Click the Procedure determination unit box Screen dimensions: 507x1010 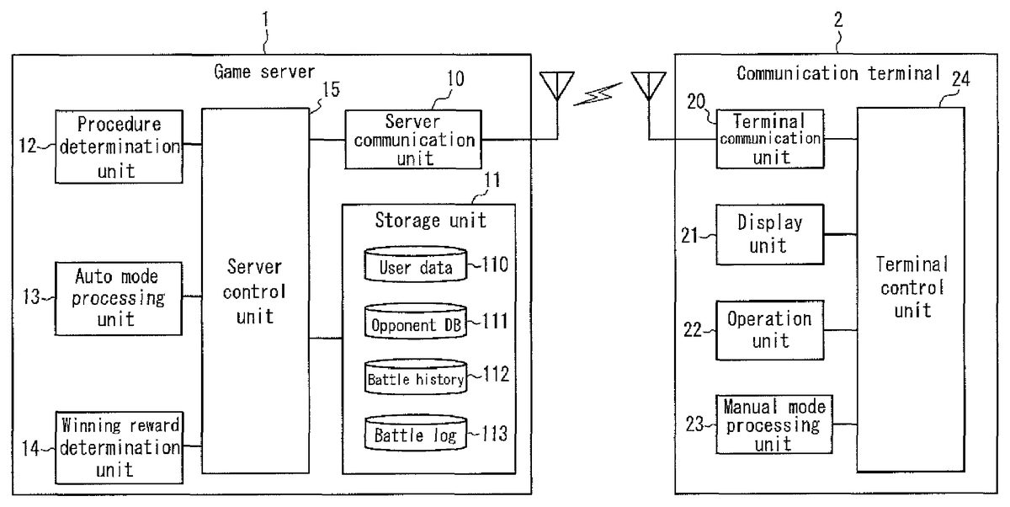pos(118,147)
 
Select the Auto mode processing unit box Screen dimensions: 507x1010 pos(118,296)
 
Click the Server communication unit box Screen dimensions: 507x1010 pos(413,139)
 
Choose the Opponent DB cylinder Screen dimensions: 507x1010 pos(416,323)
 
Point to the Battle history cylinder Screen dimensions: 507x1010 pos(416,377)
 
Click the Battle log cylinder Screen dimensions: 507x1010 pos(416,433)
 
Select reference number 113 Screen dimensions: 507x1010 pos(496,434)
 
